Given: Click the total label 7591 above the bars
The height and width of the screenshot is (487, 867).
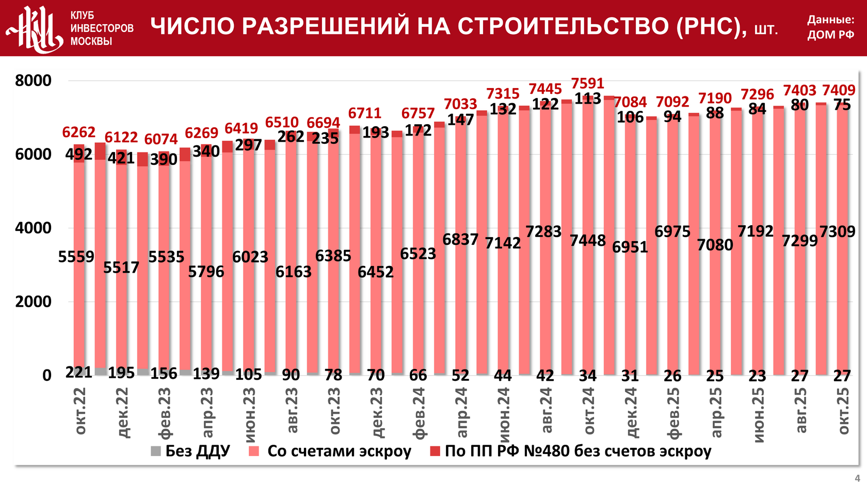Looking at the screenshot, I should (587, 83).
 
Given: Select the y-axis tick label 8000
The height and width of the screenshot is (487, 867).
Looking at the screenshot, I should (34, 81).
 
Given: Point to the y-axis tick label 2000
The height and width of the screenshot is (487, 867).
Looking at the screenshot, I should (34, 302).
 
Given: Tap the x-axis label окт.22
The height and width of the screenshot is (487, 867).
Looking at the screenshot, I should (80, 411).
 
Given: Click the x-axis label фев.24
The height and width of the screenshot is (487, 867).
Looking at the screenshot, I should (419, 413).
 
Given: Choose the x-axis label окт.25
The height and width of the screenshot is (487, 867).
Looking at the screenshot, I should (843, 411).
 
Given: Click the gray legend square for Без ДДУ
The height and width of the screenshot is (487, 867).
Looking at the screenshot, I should (156, 451).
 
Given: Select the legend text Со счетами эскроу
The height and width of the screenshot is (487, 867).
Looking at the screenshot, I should (339, 451).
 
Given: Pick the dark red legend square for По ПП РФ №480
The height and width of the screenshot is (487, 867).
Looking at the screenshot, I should (435, 451).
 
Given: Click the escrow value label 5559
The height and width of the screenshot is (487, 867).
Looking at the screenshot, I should (76, 257).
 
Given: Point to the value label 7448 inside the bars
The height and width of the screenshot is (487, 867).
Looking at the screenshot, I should (588, 240).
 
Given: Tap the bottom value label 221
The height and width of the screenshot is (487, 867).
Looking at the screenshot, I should (78, 372).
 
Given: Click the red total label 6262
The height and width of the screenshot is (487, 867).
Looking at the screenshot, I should (78, 132).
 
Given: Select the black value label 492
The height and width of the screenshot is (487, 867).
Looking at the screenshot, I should (78, 154).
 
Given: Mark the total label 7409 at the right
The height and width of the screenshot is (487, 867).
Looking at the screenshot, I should (839, 90).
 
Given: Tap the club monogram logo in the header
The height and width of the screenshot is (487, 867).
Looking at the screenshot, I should (35, 28).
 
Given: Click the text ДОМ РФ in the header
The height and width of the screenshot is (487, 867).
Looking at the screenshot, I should (831, 35).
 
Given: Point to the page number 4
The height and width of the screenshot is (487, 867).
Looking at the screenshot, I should (857, 478).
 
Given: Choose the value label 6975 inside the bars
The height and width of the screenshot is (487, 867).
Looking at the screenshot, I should (672, 232).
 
